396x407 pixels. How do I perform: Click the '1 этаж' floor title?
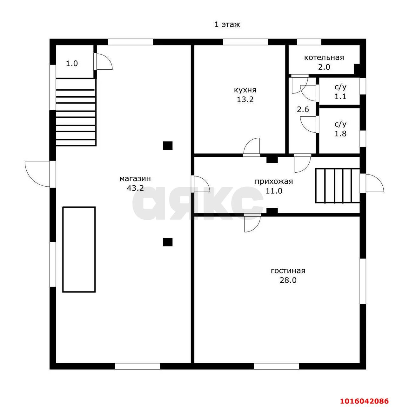tap(227, 25)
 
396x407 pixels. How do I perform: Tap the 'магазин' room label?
tap(135, 179)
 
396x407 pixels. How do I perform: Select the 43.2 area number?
tap(135, 188)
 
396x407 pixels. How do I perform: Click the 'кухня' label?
tap(245, 90)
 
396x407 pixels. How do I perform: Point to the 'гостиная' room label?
tap(288, 271)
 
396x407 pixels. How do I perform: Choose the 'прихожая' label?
tap(274, 181)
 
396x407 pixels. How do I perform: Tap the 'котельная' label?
tap(324, 58)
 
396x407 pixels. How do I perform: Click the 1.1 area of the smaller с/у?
tap(340, 96)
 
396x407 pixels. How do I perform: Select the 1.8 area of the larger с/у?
tap(340, 134)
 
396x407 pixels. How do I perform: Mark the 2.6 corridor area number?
tap(303, 109)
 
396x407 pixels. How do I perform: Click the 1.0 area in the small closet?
tap(72, 63)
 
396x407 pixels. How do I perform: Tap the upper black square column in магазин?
tap(167, 146)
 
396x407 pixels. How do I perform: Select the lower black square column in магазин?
tap(167, 242)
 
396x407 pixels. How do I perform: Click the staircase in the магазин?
tap(76, 112)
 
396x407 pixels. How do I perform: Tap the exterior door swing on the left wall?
tap(37, 174)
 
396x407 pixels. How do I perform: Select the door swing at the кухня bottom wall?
tap(252, 146)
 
